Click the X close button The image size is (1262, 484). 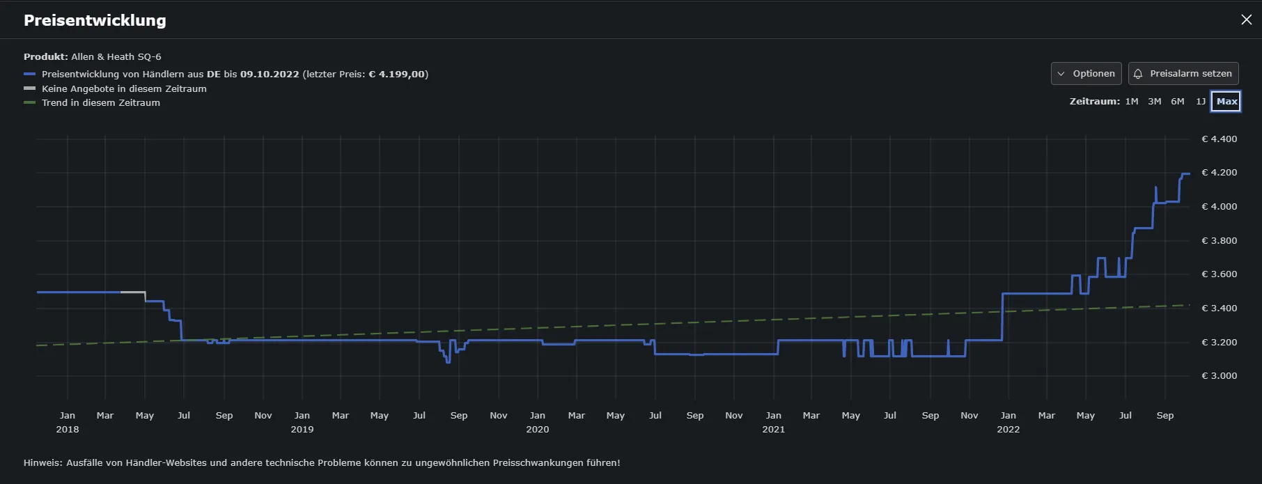click(1246, 19)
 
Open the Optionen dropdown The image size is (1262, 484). click(1086, 73)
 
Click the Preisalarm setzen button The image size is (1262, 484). click(1183, 73)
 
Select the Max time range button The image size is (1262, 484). click(1226, 101)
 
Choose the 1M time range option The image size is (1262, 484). click(1132, 101)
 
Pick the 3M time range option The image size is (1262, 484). click(1155, 101)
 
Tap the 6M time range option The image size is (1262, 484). click(1178, 101)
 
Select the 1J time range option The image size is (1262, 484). click(1201, 101)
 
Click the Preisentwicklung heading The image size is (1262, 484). click(95, 20)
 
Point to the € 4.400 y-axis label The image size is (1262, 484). click(1220, 139)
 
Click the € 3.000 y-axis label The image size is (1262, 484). click(1220, 375)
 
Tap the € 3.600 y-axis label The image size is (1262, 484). click(1220, 274)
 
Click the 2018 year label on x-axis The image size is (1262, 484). click(68, 429)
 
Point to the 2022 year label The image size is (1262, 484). click(1008, 429)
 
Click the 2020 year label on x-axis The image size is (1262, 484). click(537, 429)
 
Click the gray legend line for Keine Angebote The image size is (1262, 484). click(29, 88)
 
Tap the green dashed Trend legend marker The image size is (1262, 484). click(29, 102)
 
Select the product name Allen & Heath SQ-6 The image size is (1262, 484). click(116, 56)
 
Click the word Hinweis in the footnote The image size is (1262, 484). click(42, 462)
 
